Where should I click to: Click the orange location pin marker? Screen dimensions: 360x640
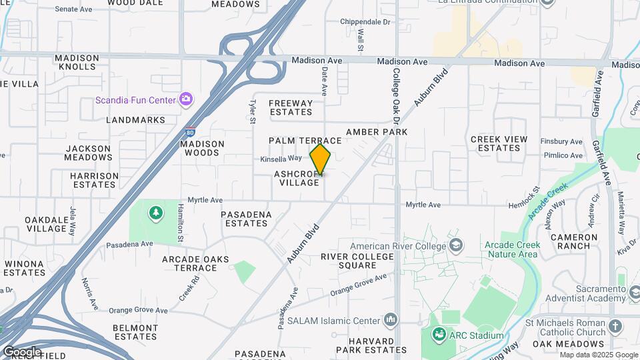click(x=321, y=160)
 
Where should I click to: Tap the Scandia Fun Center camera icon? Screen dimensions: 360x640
click(x=187, y=100)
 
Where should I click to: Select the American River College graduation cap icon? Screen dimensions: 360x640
click(x=455, y=245)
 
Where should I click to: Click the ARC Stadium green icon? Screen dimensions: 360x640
click(x=439, y=335)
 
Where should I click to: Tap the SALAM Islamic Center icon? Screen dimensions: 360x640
click(x=391, y=321)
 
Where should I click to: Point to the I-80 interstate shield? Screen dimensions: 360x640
click(x=191, y=133)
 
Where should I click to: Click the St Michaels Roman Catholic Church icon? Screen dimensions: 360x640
click(x=615, y=326)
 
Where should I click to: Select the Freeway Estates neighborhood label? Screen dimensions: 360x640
click(x=291, y=108)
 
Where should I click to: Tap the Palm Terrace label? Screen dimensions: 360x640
click(x=305, y=141)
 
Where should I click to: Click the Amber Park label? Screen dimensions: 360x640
click(x=376, y=132)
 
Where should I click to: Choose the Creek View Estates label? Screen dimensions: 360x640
click(x=499, y=143)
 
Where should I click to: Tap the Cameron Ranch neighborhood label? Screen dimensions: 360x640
click(x=573, y=241)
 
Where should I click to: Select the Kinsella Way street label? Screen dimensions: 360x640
click(x=281, y=159)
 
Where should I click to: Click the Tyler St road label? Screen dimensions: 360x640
click(x=253, y=112)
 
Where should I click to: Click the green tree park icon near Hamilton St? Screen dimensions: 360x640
click(x=155, y=213)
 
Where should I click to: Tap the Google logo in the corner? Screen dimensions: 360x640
click(x=21, y=352)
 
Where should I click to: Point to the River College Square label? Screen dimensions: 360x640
click(x=357, y=261)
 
